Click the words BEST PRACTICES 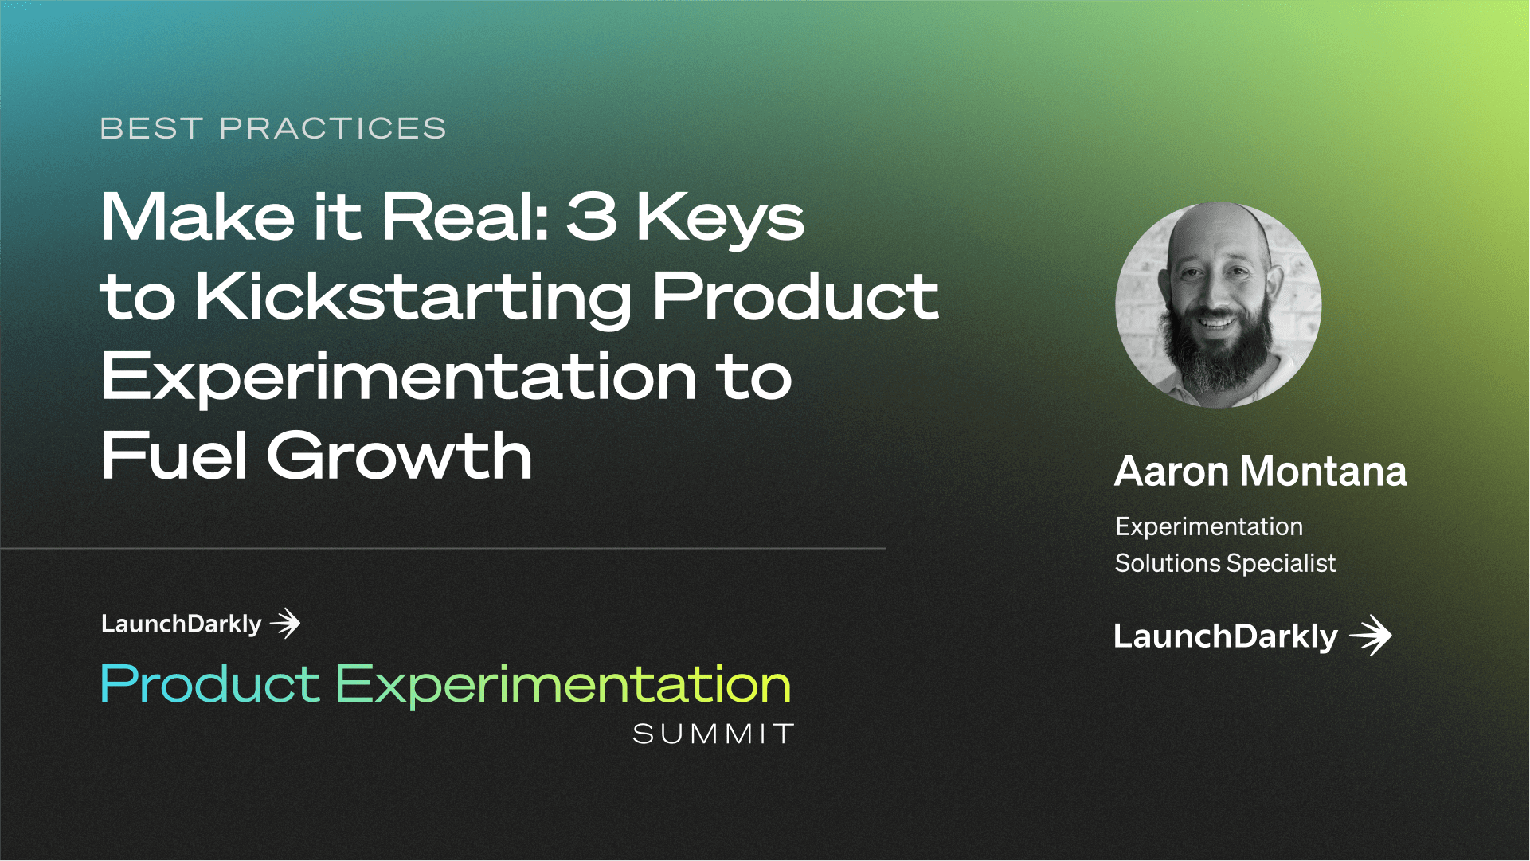click(273, 128)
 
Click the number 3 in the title click(592, 216)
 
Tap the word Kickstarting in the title click(413, 298)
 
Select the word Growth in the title click(399, 456)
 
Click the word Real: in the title click(465, 216)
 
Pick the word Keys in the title click(720, 219)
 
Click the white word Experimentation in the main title click(399, 378)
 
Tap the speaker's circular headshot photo click(1218, 305)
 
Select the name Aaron click(1172, 472)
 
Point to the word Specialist click(1281, 564)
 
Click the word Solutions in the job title click(1168, 563)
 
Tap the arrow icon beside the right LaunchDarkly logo click(1371, 636)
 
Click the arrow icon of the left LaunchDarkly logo click(285, 623)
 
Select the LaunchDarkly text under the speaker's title click(1225, 636)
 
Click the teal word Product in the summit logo click(210, 685)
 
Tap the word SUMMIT click(714, 734)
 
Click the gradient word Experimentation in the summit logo click(562, 686)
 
